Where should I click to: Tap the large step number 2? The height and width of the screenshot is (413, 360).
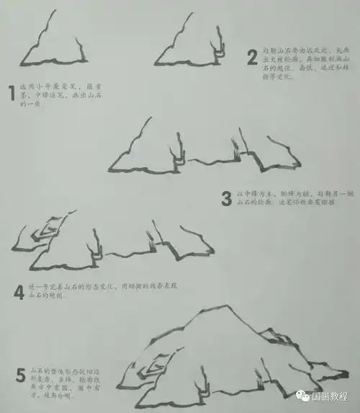click(252, 56)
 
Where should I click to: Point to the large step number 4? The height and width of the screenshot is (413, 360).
click(19, 292)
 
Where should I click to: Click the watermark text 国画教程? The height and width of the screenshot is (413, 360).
click(334, 396)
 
